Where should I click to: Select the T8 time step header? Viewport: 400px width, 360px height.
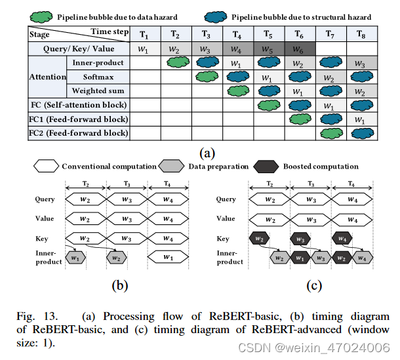(360, 33)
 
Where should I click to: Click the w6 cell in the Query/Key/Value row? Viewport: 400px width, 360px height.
(299, 49)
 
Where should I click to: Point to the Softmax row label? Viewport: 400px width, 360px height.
(98, 77)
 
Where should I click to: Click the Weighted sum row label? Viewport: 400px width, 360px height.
(98, 90)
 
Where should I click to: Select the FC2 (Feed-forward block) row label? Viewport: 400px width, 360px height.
(78, 133)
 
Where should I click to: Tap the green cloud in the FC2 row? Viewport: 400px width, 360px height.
(330, 134)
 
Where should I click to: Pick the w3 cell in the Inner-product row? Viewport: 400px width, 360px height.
(360, 63)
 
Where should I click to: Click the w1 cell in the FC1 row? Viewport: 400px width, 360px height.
(360, 119)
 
